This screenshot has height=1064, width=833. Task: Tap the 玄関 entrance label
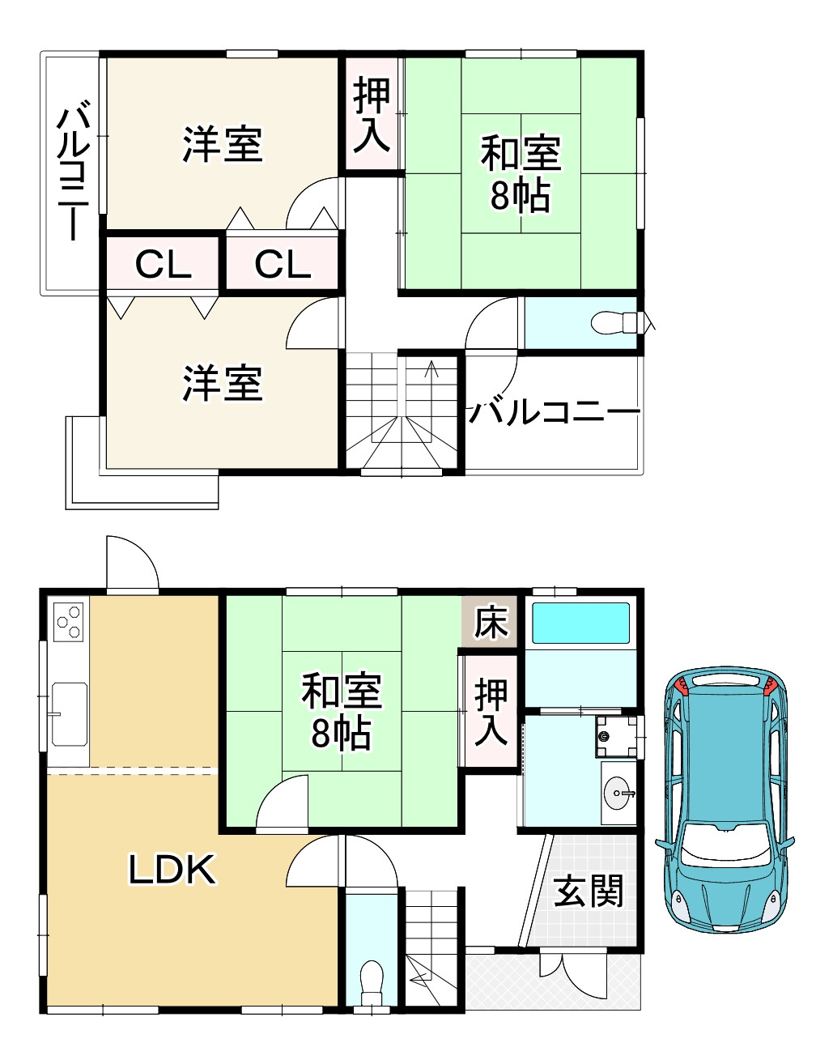click(x=589, y=892)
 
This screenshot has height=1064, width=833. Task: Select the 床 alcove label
click(x=491, y=622)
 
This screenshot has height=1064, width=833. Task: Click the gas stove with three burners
click(x=69, y=622)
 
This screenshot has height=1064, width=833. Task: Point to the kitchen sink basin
click(x=70, y=714)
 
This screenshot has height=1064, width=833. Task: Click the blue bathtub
click(x=580, y=623)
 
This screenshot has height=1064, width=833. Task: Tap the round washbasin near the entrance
click(x=619, y=792)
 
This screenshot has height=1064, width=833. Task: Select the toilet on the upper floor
click(x=614, y=322)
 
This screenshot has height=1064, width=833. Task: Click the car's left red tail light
click(x=682, y=687)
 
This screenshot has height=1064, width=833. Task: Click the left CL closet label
click(x=163, y=265)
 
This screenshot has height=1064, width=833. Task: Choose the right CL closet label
click(x=283, y=265)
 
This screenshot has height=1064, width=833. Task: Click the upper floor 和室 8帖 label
click(x=521, y=174)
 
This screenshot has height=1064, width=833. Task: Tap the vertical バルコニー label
click(x=74, y=169)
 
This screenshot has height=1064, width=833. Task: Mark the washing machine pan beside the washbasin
click(x=617, y=736)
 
